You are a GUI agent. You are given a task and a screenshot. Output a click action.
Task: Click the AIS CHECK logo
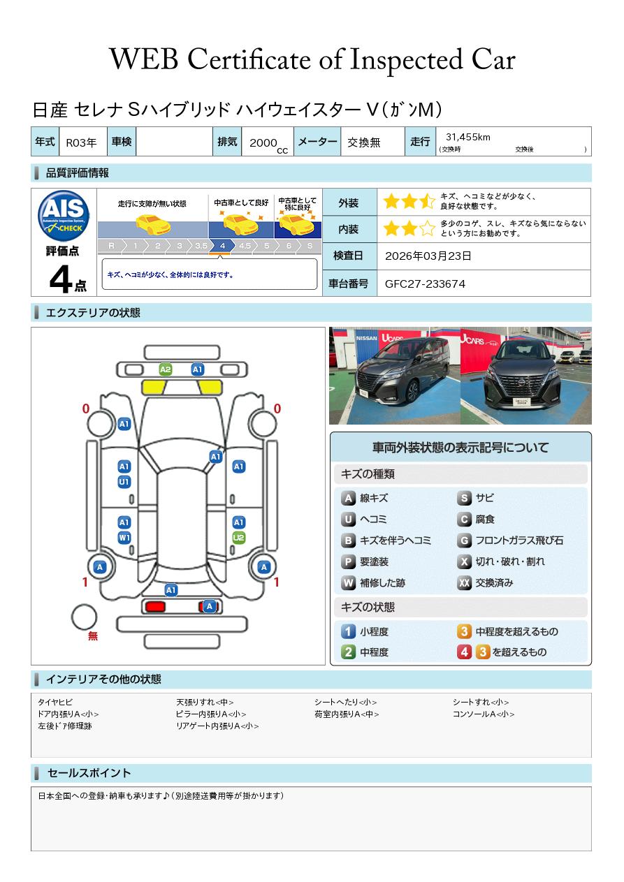click(x=64, y=216)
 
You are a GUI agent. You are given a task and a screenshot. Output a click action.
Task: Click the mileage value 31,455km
click(x=468, y=137)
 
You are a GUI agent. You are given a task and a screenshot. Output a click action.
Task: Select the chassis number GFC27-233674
click(x=425, y=284)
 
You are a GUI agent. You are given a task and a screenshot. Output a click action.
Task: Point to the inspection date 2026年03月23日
click(x=428, y=256)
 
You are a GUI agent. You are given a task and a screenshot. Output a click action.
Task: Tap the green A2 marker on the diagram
click(x=166, y=369)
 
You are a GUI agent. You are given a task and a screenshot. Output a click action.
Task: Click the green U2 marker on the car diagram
click(x=239, y=538)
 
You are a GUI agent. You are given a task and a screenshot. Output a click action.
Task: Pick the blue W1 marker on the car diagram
click(x=124, y=538)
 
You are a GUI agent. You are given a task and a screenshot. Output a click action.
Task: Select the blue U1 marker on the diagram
click(x=124, y=482)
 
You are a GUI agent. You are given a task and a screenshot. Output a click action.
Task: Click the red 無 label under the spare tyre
click(x=93, y=635)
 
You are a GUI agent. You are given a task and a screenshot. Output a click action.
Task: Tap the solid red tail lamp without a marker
click(x=155, y=606)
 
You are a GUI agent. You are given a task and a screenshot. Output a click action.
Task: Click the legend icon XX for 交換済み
click(x=465, y=582)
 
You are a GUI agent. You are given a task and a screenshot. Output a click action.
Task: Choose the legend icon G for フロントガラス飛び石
click(x=465, y=541)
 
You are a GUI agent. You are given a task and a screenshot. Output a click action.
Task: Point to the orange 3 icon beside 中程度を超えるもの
click(x=465, y=631)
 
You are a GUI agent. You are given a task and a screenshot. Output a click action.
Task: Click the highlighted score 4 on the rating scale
click(x=222, y=246)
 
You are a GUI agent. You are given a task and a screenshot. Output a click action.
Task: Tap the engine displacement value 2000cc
click(x=268, y=145)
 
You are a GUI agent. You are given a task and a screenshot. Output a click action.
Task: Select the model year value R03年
click(x=81, y=142)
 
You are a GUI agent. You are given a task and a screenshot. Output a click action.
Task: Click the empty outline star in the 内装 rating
click(x=428, y=228)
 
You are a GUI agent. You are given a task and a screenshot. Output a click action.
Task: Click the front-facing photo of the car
click(x=526, y=376)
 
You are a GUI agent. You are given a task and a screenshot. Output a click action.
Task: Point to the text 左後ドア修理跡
click(x=65, y=726)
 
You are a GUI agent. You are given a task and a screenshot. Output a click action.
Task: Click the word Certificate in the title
click(x=249, y=60)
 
